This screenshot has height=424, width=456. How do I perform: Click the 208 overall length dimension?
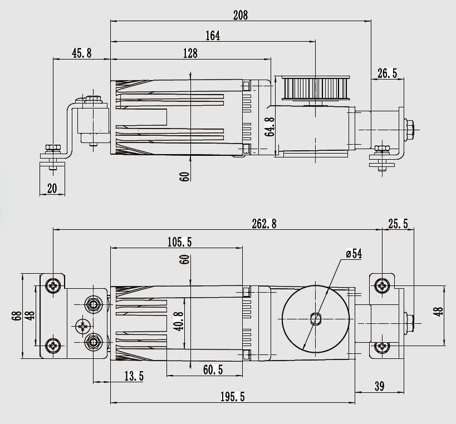[x=240, y=15]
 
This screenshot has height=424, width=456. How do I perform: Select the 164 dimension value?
[x=213, y=36]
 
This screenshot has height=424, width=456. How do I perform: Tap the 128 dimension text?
[x=190, y=53]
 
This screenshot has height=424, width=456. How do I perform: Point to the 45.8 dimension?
[x=81, y=53]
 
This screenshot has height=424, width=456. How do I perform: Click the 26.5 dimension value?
[x=388, y=73]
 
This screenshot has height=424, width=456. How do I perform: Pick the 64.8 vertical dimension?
[x=269, y=127]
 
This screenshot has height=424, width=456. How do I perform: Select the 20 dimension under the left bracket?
[x=52, y=189]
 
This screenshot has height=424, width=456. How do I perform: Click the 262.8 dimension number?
[x=264, y=224]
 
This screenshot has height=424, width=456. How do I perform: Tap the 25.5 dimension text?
[x=398, y=224]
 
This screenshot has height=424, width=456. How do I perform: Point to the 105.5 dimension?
[x=179, y=241]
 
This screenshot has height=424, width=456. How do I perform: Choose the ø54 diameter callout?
[x=354, y=254]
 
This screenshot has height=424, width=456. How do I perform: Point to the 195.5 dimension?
[x=233, y=397]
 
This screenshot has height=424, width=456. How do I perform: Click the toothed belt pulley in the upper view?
[x=315, y=88]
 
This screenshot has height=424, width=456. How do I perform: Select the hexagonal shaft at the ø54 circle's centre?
[x=316, y=318]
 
